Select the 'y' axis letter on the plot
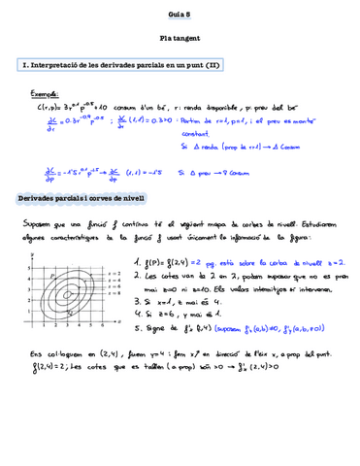[32, 252]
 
